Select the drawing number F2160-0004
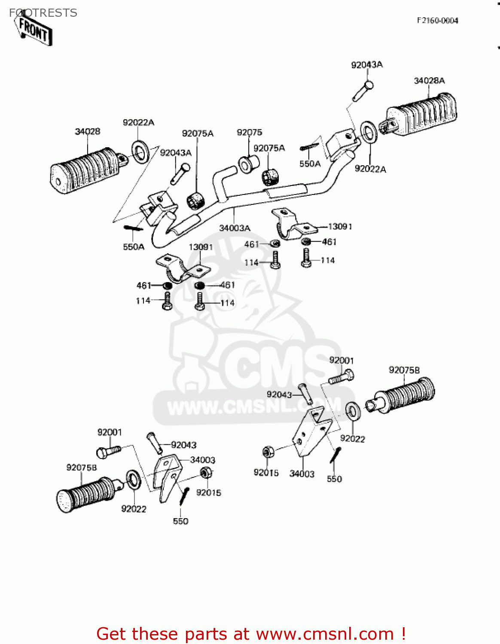click(x=437, y=21)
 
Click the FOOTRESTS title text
click(x=43, y=13)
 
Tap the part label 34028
click(x=88, y=131)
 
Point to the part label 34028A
click(x=429, y=81)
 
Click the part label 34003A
click(x=235, y=228)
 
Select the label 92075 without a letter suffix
click(x=249, y=132)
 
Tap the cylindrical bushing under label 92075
click(x=249, y=164)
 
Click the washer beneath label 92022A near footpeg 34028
click(x=140, y=152)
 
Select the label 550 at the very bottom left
click(x=180, y=521)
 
